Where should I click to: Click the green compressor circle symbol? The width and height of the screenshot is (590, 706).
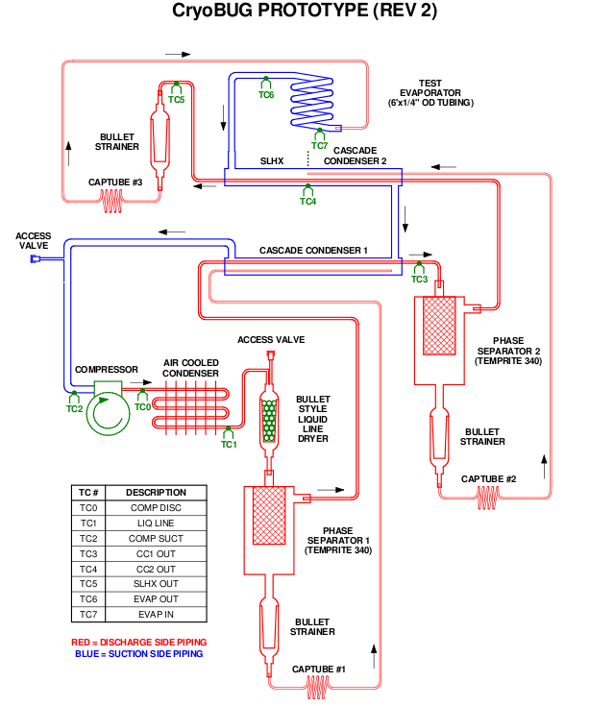(x=108, y=414)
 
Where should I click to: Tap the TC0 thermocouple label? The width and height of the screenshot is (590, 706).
(x=142, y=407)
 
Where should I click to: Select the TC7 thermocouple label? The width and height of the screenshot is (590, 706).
(x=319, y=145)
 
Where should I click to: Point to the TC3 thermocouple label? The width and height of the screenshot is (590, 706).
(x=419, y=280)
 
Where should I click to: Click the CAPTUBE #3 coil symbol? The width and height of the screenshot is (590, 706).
(x=111, y=201)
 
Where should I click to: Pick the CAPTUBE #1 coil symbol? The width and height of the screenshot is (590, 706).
(x=317, y=688)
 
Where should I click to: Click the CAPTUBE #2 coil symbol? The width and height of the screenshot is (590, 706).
(x=488, y=498)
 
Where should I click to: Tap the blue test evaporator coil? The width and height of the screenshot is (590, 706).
(x=312, y=102)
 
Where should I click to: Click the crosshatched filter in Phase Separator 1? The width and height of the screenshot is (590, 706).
(x=269, y=515)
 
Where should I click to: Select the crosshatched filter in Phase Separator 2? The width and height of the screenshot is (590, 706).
(x=439, y=325)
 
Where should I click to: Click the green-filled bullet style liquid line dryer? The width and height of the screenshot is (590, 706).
(x=269, y=420)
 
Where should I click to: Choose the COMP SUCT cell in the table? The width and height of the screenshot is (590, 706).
(x=156, y=539)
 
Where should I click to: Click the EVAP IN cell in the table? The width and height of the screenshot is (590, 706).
(x=156, y=614)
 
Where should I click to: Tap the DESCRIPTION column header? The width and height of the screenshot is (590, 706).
(x=156, y=493)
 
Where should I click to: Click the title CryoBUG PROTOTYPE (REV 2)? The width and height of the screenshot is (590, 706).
(x=305, y=11)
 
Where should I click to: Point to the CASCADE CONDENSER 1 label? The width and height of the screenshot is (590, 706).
(x=313, y=251)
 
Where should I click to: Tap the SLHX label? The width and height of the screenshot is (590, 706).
(x=272, y=161)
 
